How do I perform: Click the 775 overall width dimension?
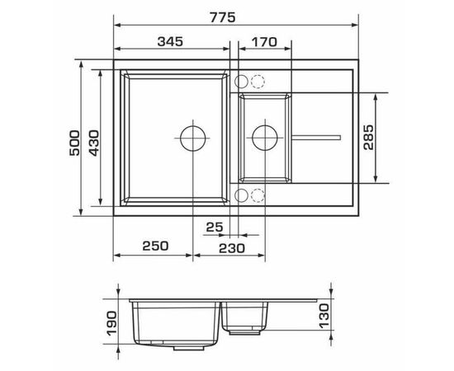tap(222, 17)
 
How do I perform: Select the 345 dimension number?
tap(170, 42)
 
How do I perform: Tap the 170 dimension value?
tap(264, 42)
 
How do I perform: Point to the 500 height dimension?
tap(74, 143)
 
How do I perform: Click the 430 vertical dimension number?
tap(93, 143)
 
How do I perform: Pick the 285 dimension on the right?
tap(368, 137)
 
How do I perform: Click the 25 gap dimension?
tap(215, 227)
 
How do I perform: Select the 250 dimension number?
tap(155, 246)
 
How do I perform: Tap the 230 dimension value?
tap(232, 248)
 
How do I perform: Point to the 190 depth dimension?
tap(111, 323)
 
